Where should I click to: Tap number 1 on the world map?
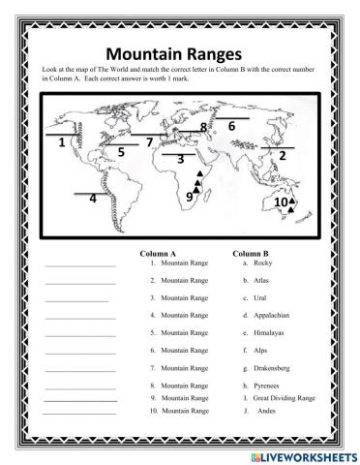pos(62,142)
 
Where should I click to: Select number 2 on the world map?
pos(283,155)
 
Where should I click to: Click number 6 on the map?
pos(232,125)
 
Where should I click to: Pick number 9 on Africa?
pos(190,197)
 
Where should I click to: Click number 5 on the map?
pos(121,152)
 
